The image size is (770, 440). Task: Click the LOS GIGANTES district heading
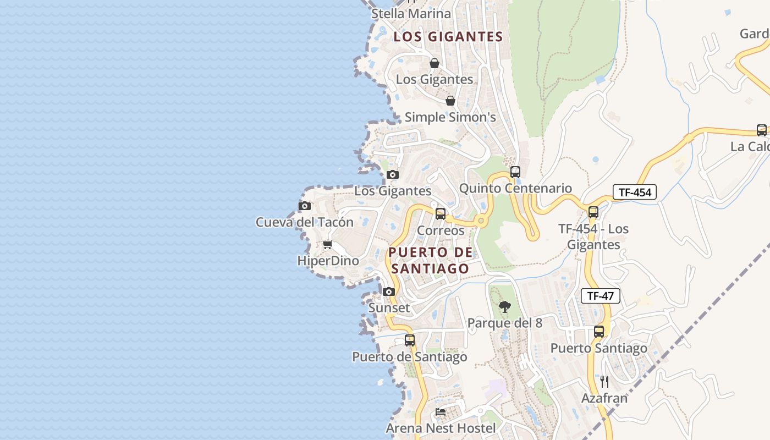(x=448, y=37)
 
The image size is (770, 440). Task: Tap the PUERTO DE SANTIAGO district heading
(x=430, y=260)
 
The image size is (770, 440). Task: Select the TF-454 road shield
(x=635, y=192)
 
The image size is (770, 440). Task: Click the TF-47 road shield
(x=600, y=296)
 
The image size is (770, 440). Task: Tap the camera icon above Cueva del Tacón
(x=304, y=206)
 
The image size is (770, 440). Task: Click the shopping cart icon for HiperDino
(x=328, y=244)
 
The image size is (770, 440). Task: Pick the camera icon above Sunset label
(x=389, y=291)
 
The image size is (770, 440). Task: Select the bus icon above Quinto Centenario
(x=515, y=172)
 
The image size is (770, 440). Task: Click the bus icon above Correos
(x=441, y=214)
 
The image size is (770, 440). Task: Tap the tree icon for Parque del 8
(x=505, y=307)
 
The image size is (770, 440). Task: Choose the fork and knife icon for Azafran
(x=604, y=381)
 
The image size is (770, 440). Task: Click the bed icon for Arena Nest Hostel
(x=441, y=411)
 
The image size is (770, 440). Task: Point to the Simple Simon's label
(x=450, y=117)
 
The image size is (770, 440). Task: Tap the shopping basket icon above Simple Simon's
(x=450, y=101)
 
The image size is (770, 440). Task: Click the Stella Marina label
(x=411, y=14)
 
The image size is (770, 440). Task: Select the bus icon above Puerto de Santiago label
(x=409, y=340)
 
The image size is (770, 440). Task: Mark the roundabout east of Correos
(x=481, y=221)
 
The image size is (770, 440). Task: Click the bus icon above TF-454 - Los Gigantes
(x=593, y=212)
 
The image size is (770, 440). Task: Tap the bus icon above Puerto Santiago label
(x=599, y=332)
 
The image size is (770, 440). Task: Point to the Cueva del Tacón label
(x=304, y=222)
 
